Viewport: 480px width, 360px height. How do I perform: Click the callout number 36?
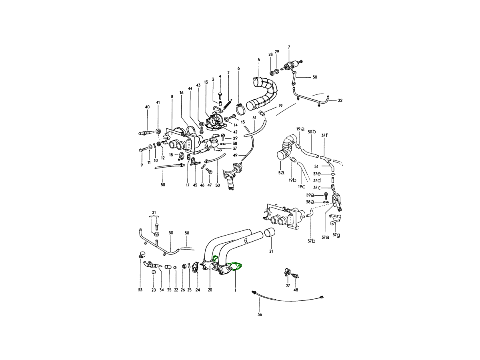260,315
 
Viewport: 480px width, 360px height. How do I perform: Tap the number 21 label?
271,251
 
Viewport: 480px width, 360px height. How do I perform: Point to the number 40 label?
147,107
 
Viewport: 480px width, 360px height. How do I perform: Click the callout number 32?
340,100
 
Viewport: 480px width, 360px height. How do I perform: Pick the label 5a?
281,172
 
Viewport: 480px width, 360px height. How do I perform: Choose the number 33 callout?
140,290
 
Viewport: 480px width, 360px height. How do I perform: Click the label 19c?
301,187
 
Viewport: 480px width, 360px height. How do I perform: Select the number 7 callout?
289,47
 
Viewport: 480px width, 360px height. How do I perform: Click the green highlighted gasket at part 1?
236,266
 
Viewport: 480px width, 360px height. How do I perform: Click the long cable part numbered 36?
288,299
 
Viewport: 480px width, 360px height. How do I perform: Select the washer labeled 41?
158,131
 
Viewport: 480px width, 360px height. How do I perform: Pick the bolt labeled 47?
208,171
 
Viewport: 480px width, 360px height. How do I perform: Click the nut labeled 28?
272,72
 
